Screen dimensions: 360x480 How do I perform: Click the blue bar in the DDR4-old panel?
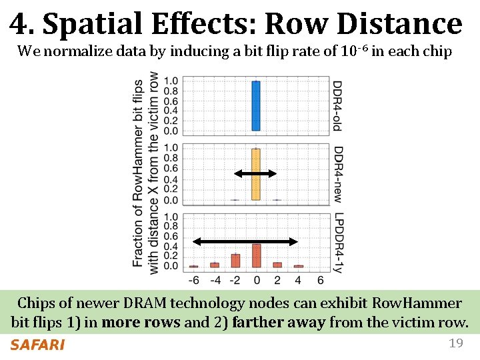[x=255, y=106]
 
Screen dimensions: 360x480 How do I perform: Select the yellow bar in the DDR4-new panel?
[x=255, y=175]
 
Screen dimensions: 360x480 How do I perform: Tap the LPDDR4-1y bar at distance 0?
[x=255, y=255]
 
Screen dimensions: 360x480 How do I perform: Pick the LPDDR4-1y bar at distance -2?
[x=235, y=261]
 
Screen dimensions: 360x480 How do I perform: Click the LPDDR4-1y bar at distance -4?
[x=215, y=265]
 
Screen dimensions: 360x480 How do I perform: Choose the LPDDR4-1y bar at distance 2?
[x=277, y=265]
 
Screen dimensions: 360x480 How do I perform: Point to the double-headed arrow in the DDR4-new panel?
[x=255, y=174]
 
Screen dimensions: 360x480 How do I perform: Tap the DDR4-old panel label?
[x=337, y=105]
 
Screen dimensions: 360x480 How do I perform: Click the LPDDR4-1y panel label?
[x=337, y=243]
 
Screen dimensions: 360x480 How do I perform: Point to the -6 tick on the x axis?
[x=194, y=280]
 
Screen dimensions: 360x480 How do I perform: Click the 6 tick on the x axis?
[x=319, y=280]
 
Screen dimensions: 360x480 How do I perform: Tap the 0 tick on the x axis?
[x=256, y=280]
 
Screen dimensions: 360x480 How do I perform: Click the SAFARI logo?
[x=37, y=345]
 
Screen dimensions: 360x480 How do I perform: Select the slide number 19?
[x=455, y=343]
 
